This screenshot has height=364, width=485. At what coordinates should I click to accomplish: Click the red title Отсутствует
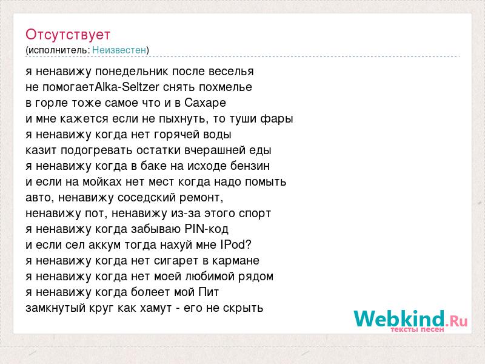(x=68, y=35)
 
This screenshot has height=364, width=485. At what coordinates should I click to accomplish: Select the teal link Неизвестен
(x=119, y=50)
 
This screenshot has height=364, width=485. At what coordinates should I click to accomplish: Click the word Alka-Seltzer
(x=127, y=87)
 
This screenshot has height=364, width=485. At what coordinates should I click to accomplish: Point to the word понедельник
(x=132, y=72)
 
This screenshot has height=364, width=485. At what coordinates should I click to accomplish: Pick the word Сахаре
(x=206, y=103)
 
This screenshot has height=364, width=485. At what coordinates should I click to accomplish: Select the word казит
(x=41, y=150)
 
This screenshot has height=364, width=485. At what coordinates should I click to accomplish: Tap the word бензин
(x=250, y=166)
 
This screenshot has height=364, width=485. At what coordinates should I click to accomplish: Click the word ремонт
(x=201, y=198)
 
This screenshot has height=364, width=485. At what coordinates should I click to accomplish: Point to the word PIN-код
(x=206, y=229)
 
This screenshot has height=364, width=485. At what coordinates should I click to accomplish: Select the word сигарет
(x=176, y=261)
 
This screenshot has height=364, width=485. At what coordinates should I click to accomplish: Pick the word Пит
(x=209, y=292)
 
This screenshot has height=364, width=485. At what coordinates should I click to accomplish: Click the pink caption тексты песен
(x=417, y=329)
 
